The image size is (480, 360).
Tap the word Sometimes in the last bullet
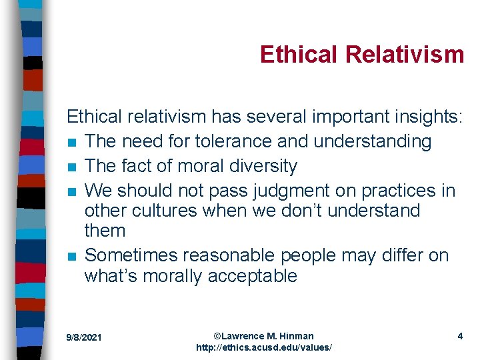tap(131, 255)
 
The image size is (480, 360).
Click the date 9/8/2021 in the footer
tap(84, 338)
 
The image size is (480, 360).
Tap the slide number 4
tap(460, 336)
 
